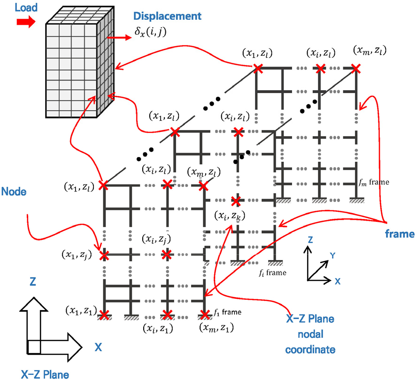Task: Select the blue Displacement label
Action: pyautogui.click(x=167, y=16)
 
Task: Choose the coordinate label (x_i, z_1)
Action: pyautogui.click(x=158, y=327)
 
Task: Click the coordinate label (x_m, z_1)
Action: pyautogui.click(x=216, y=327)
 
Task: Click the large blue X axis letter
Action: pyautogui.click(x=98, y=347)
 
